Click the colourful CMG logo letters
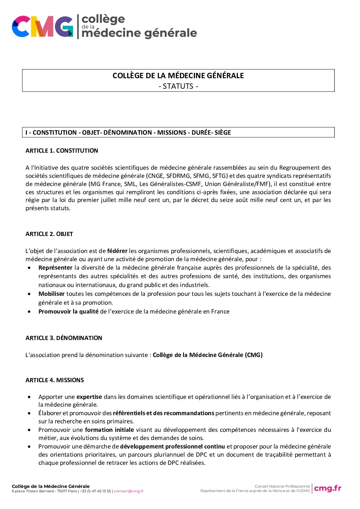click(42, 27)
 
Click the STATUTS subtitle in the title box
click(178, 86)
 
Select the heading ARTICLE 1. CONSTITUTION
click(62, 151)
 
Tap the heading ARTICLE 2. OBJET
click(49, 234)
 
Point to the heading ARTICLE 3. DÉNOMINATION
click(64, 338)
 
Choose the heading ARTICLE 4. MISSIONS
click(54, 380)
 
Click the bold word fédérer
click(117, 251)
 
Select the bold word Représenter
click(55, 268)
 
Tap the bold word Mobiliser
click(51, 294)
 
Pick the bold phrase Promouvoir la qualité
click(68, 311)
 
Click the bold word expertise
click(89, 397)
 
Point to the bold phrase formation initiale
click(109, 430)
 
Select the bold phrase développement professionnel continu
click(172, 446)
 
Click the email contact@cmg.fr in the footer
click(129, 491)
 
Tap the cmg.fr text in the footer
click(327, 488)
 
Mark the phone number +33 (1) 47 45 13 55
click(95, 491)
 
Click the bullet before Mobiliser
click(30, 294)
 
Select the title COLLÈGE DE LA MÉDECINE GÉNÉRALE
click(178, 76)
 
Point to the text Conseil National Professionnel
click(282, 486)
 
